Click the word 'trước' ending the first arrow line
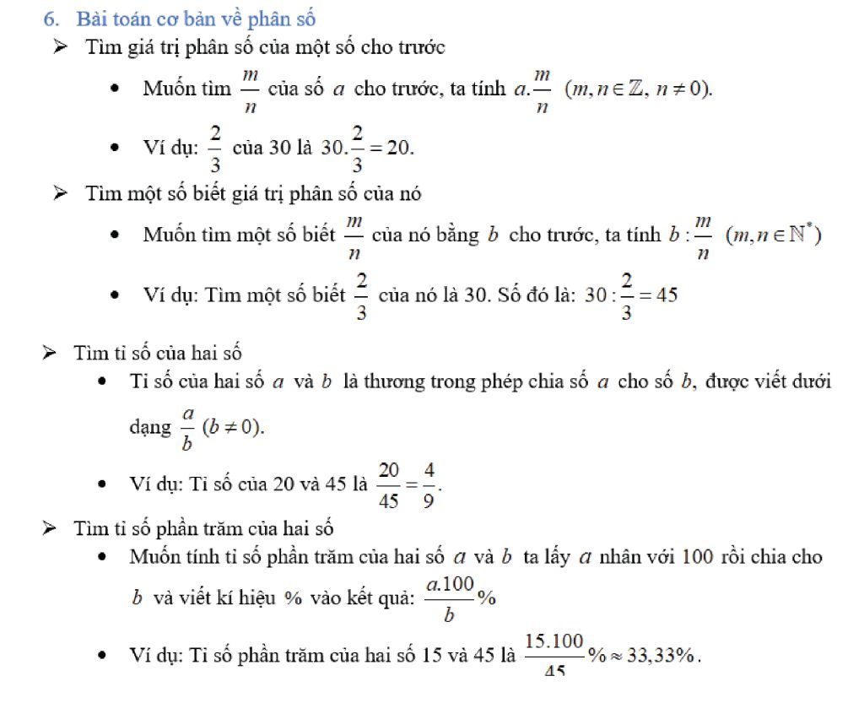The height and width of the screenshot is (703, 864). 421,47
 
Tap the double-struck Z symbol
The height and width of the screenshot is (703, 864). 625,89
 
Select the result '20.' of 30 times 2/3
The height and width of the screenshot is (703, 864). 400,148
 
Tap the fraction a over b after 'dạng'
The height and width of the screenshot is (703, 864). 188,426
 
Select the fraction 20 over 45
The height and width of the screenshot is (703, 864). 389,484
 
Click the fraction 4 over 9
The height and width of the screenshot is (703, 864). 429,484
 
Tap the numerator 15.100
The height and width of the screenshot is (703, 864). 554,641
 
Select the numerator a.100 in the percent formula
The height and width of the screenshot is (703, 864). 450,584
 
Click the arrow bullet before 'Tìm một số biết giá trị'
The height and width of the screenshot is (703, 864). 61,193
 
